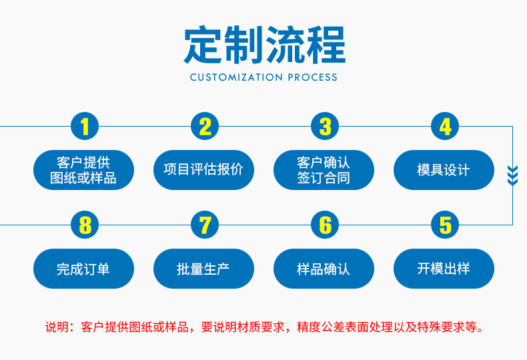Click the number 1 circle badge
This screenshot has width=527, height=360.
(x=85, y=126)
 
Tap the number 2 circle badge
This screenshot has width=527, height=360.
(x=205, y=126)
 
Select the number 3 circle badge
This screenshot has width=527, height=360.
(x=325, y=126)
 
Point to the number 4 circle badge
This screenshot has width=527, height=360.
(x=445, y=126)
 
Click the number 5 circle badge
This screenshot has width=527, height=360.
(x=445, y=225)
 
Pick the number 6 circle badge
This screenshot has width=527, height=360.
(x=325, y=225)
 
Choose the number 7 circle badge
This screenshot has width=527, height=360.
(x=205, y=225)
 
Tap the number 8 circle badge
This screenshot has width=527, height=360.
(x=85, y=225)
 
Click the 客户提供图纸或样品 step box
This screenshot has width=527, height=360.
(x=83, y=170)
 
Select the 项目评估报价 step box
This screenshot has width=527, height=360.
(x=203, y=170)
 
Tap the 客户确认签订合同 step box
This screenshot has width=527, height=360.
(x=324, y=170)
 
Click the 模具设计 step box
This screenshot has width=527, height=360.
(x=444, y=170)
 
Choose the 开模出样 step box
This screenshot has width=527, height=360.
(x=444, y=269)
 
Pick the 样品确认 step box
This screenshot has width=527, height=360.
(x=324, y=269)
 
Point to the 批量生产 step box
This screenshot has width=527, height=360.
(x=203, y=269)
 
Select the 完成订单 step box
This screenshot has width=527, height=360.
(x=83, y=269)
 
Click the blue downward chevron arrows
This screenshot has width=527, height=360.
(x=512, y=175)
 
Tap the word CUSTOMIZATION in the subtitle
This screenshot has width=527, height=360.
(x=237, y=77)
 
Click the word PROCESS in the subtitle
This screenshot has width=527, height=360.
(x=312, y=77)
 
